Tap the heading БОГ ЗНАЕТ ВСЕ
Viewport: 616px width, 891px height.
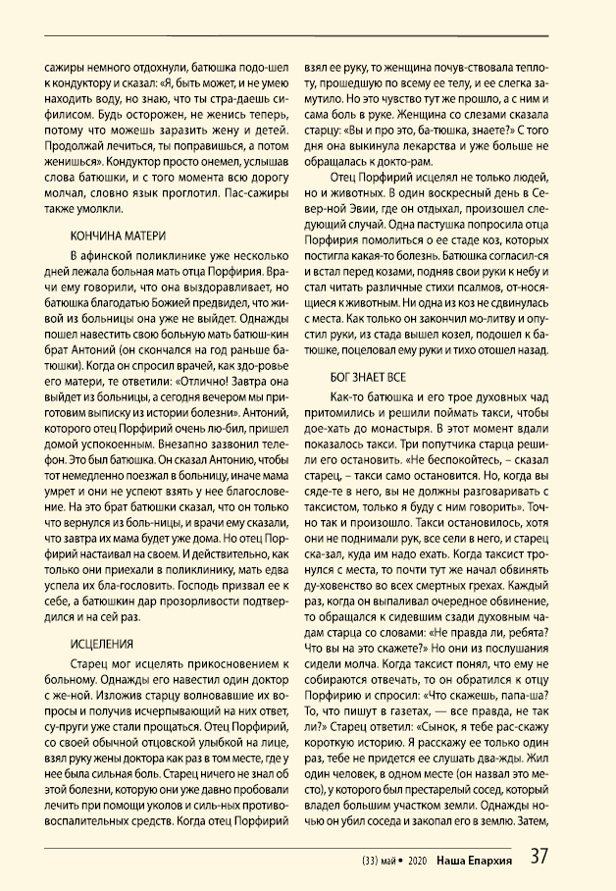click(x=365, y=376)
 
